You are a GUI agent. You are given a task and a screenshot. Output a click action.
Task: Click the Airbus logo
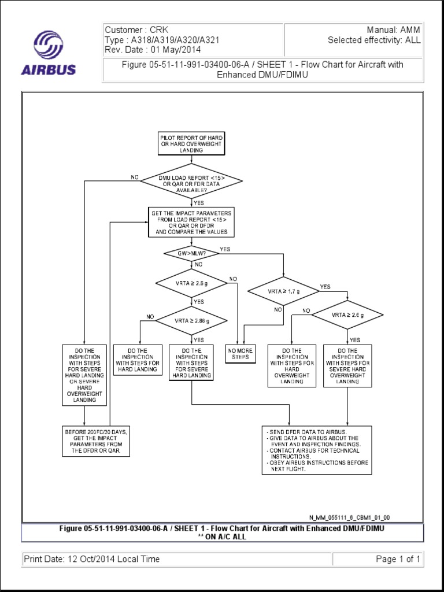point(49,53)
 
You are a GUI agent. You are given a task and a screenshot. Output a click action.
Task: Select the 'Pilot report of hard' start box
point(191,143)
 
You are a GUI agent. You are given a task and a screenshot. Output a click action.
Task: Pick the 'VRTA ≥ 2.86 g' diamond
point(191,320)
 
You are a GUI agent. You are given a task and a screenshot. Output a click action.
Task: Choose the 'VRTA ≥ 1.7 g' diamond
point(283,292)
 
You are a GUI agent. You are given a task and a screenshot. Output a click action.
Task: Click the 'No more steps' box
point(240,354)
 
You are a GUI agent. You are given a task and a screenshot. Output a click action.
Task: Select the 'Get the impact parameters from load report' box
point(191,223)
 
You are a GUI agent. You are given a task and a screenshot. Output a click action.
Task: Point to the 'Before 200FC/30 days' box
point(96,441)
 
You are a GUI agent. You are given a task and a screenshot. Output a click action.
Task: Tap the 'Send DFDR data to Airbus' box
point(316,450)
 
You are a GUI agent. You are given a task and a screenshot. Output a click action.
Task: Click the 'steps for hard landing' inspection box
point(138,360)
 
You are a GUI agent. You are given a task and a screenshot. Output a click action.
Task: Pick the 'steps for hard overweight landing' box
point(292,366)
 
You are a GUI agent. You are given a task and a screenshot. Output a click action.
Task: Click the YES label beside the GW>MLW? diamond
point(225,250)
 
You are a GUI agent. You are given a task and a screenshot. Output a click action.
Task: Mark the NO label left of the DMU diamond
point(135,177)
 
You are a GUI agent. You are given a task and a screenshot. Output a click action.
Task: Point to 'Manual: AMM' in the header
point(393,29)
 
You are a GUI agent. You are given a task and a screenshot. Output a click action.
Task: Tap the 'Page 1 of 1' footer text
point(398,559)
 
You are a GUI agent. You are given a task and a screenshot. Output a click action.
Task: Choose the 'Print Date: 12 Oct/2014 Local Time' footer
point(92,559)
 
